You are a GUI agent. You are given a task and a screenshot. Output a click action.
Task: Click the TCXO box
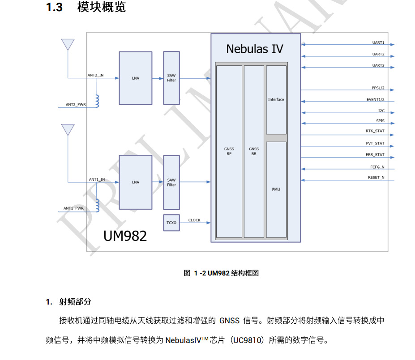[171, 223]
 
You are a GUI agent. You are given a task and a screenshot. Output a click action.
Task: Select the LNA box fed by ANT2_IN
[135, 78]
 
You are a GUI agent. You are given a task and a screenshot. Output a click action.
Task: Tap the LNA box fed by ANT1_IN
[135, 182]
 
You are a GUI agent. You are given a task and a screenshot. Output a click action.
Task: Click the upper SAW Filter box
[171, 78]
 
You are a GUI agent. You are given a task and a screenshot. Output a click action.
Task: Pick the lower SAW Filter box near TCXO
[171, 182]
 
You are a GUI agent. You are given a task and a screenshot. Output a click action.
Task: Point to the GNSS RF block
[229, 151]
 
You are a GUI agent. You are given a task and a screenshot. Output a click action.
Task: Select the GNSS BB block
[254, 151]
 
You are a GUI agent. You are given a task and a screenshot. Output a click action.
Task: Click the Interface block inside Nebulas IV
[276, 100]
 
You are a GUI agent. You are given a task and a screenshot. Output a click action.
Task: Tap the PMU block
[276, 190]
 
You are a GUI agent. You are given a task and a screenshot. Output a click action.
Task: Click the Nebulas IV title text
[254, 49]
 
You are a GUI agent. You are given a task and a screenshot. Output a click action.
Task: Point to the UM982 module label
[125, 236]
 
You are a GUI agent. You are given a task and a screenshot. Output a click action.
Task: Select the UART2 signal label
[378, 54]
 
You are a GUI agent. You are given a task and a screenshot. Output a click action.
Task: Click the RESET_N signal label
[376, 178]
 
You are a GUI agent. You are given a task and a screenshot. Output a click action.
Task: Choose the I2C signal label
[381, 110]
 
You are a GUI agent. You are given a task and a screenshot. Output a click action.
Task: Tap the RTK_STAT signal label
[375, 131]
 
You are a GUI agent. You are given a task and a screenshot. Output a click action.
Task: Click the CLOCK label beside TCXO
[194, 220]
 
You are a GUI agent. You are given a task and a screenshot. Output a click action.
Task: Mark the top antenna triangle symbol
[68, 44]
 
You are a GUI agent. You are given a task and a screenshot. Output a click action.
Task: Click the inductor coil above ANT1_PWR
[98, 205]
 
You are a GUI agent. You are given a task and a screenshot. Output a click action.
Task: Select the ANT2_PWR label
[76, 105]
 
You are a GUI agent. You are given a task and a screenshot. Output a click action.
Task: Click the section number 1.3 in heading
[54, 8]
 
